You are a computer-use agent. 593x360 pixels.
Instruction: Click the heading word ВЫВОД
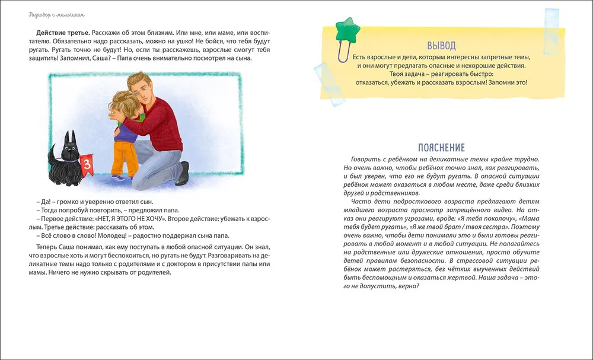441,46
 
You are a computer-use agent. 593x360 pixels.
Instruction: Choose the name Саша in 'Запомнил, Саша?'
86,59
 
